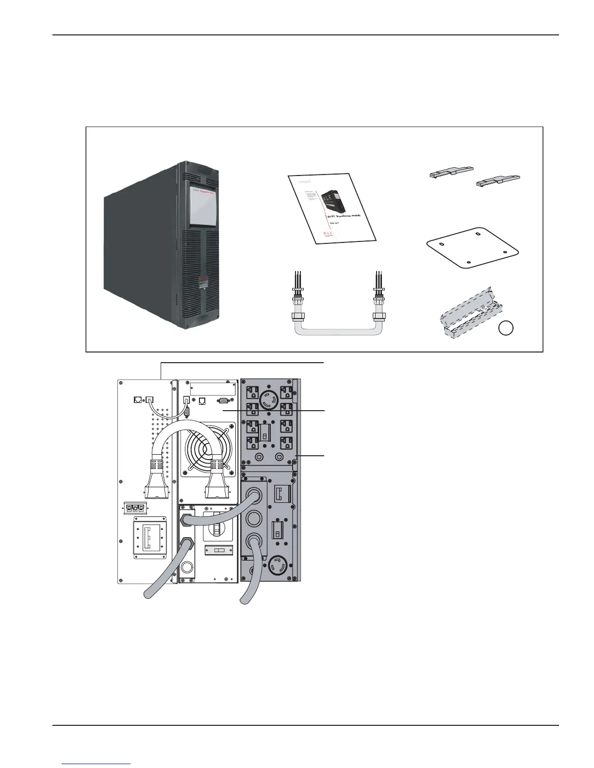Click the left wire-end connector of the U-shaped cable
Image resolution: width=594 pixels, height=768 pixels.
point(297,296)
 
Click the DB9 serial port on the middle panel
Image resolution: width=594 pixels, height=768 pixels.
point(223,401)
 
